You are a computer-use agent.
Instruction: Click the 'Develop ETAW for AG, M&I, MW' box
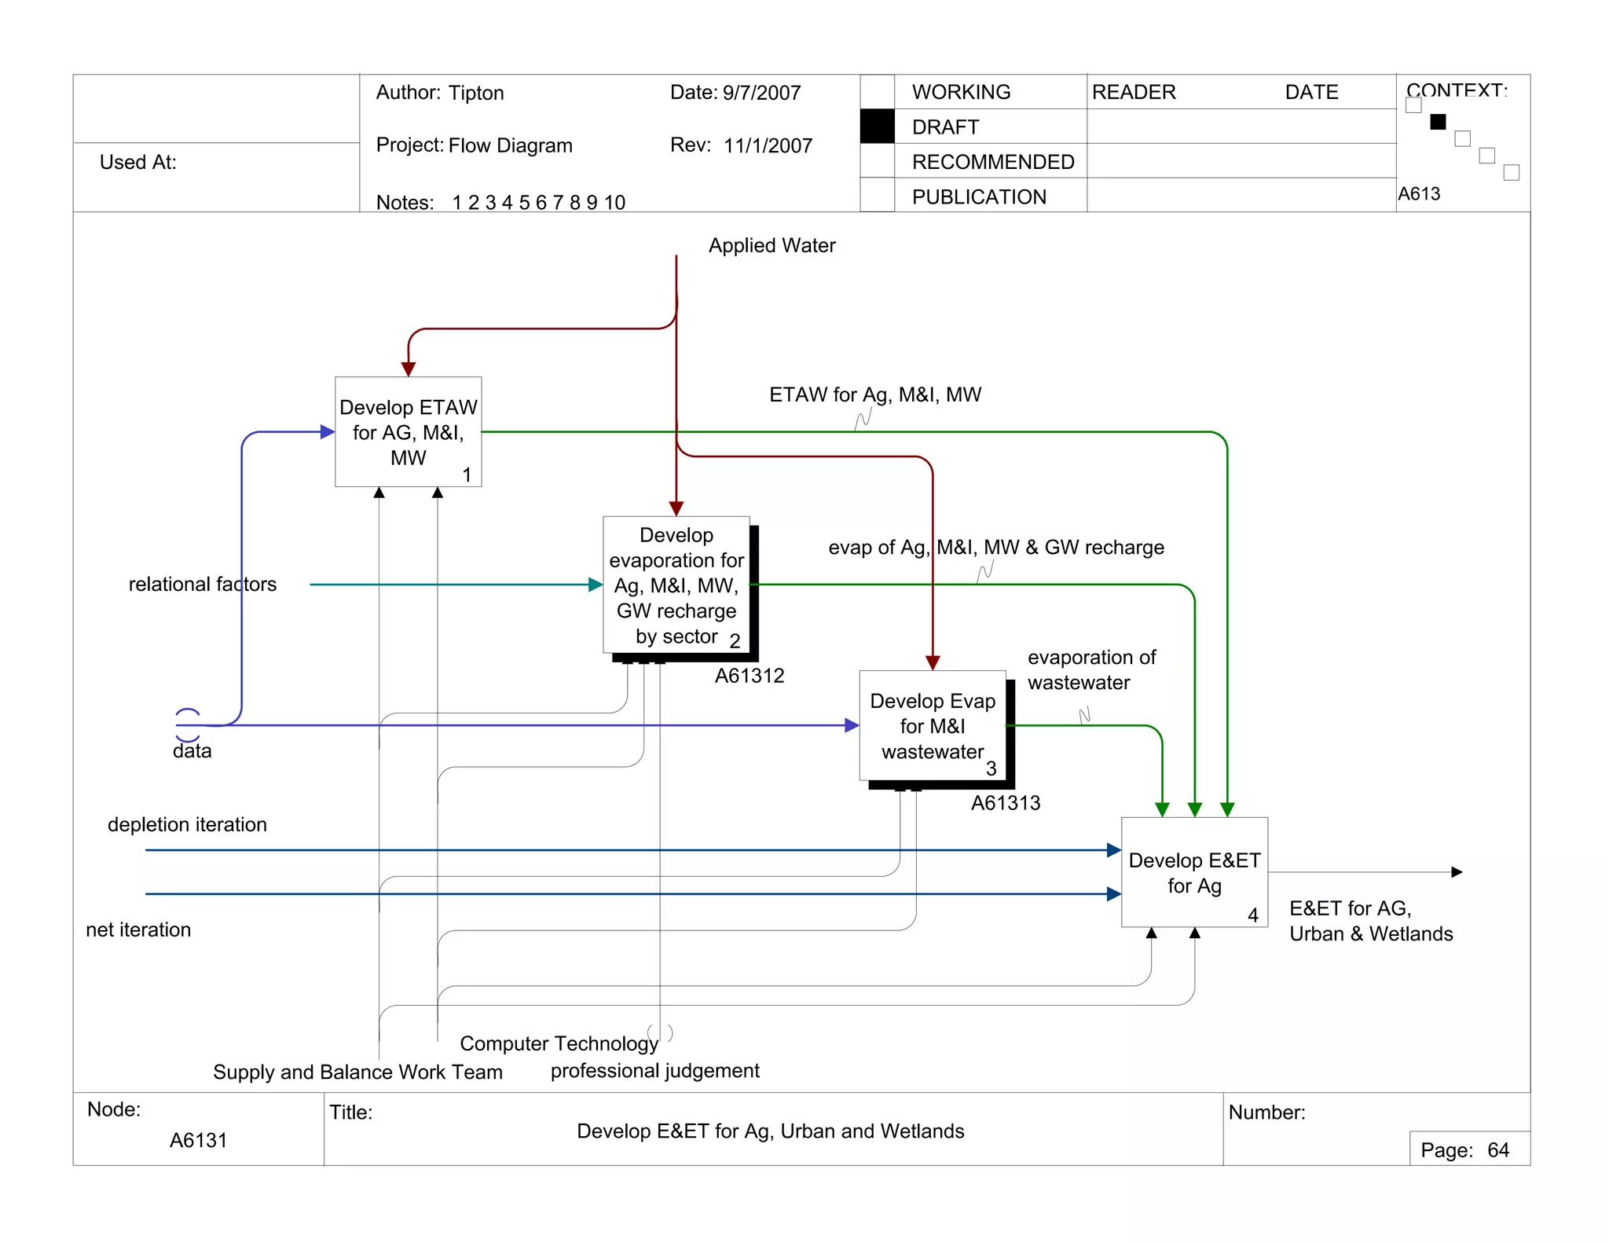(x=408, y=432)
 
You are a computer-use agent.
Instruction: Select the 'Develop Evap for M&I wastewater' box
(x=933, y=726)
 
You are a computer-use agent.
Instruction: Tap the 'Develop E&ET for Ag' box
(x=1194, y=872)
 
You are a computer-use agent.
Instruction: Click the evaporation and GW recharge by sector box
(x=676, y=585)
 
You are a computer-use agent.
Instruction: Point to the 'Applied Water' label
(x=772, y=246)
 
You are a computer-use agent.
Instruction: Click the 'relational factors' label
(x=202, y=585)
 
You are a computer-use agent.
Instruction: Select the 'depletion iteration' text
(x=187, y=825)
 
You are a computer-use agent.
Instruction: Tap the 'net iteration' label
(x=138, y=930)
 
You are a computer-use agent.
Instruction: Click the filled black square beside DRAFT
(x=877, y=126)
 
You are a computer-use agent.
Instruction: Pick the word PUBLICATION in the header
(x=979, y=197)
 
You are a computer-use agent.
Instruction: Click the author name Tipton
(x=476, y=93)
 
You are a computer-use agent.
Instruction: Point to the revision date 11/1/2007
(x=768, y=146)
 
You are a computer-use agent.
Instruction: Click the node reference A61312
(x=750, y=676)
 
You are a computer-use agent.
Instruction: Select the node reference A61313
(x=1006, y=804)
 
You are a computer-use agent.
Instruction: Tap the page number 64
(x=1498, y=1151)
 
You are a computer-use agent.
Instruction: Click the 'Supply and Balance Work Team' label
(x=357, y=1072)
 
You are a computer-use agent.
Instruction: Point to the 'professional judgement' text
(x=654, y=1071)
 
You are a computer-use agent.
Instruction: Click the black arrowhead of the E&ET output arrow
(x=1457, y=872)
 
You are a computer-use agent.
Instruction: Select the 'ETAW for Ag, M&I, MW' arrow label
(x=875, y=395)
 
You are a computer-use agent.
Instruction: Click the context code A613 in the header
(x=1419, y=194)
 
